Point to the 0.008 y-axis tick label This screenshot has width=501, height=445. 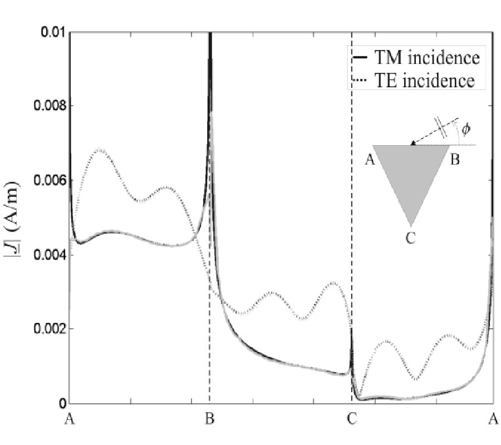[47, 106]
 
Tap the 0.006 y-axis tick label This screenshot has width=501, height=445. [47, 181]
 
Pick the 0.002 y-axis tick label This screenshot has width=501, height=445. [47, 329]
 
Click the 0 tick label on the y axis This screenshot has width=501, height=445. [63, 403]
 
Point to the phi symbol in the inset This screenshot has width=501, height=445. [466, 129]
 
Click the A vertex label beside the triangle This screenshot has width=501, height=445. [367, 161]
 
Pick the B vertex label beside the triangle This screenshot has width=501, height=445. [454, 161]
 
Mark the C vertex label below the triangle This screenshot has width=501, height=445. [410, 238]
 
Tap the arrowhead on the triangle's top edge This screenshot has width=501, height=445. [412, 144]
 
